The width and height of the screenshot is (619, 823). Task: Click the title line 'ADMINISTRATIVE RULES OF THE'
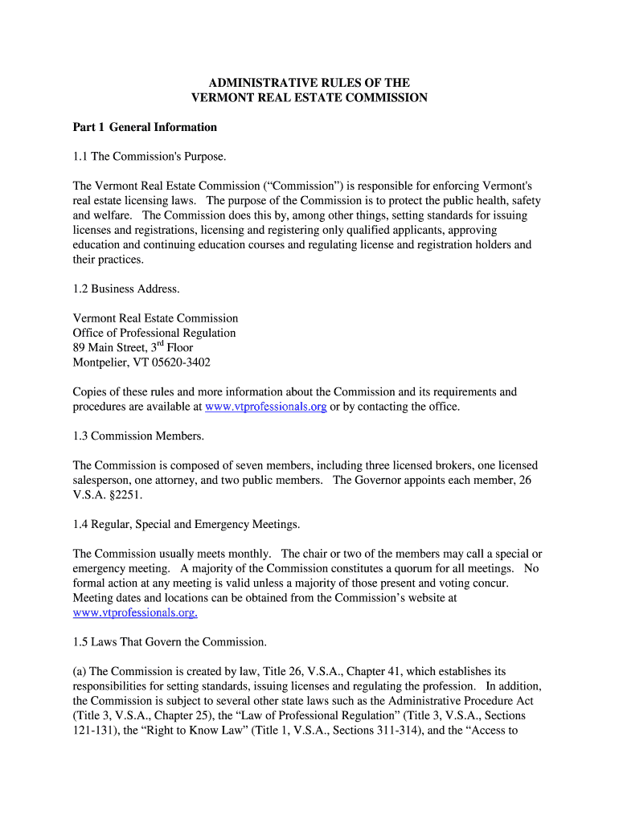pyautogui.click(x=309, y=83)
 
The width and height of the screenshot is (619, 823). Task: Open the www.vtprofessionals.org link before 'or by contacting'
pyautogui.click(x=265, y=407)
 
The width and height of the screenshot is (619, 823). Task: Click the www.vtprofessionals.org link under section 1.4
pyautogui.click(x=134, y=612)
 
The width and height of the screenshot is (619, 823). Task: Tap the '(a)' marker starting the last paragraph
pyautogui.click(x=80, y=671)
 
